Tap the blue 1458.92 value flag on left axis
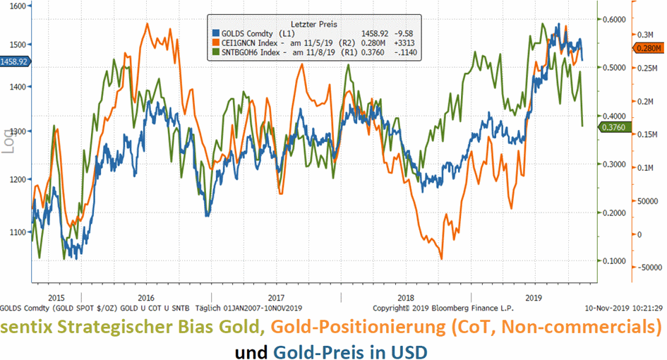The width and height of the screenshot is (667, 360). [14, 62]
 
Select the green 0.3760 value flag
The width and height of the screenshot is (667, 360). [611, 126]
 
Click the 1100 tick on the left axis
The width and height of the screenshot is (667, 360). [17, 232]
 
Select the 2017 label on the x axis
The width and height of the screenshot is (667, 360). [276, 298]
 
